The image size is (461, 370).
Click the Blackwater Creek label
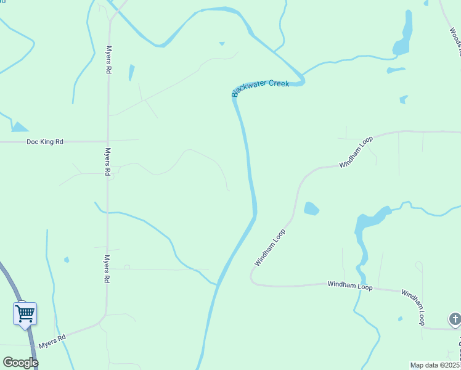(260, 88)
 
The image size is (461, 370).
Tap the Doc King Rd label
(45, 142)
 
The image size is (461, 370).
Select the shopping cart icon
(25, 313)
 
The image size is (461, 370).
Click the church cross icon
(455, 319)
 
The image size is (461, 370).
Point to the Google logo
(20, 363)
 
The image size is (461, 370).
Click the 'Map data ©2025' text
(434, 365)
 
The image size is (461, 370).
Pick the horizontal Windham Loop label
(350, 285)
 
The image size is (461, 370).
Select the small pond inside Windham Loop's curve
(311, 208)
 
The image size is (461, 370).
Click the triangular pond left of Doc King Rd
(18, 128)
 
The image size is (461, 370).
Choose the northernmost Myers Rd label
(108, 60)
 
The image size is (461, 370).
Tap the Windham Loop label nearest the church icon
(413, 307)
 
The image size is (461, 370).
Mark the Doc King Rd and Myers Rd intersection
(108, 141)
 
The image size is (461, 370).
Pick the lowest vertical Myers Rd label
(107, 269)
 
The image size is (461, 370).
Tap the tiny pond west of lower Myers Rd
(67, 260)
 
